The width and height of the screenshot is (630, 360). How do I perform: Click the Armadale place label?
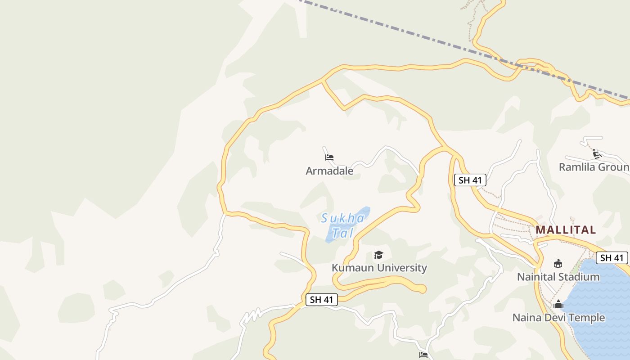[x=329, y=171]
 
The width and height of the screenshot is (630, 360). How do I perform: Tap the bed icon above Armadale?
[x=329, y=157]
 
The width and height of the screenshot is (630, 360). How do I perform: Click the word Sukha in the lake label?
[x=342, y=219]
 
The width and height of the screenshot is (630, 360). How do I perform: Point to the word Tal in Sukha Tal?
[x=342, y=233]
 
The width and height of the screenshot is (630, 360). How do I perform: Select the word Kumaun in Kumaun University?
[x=352, y=268]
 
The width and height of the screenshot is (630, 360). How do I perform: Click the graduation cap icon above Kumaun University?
[x=378, y=255]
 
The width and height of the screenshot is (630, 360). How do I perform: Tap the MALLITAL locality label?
[x=566, y=230]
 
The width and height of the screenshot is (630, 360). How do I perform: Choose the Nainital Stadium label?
[x=558, y=277]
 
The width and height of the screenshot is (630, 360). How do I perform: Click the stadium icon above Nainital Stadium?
[x=558, y=263]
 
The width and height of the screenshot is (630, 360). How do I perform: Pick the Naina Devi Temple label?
[x=558, y=318]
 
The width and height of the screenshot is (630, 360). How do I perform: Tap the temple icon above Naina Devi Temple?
[x=558, y=305]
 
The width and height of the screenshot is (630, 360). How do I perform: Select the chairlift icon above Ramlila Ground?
[x=597, y=154]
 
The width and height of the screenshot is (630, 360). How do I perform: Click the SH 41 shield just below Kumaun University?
[x=321, y=300]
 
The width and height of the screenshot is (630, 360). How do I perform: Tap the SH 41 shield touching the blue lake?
[x=612, y=258]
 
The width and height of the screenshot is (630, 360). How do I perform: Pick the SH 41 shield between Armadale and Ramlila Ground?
[x=470, y=180]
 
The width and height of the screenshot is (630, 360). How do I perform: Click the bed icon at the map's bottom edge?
[x=423, y=355]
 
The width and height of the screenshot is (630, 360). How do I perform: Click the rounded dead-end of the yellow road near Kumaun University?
[x=422, y=289]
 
